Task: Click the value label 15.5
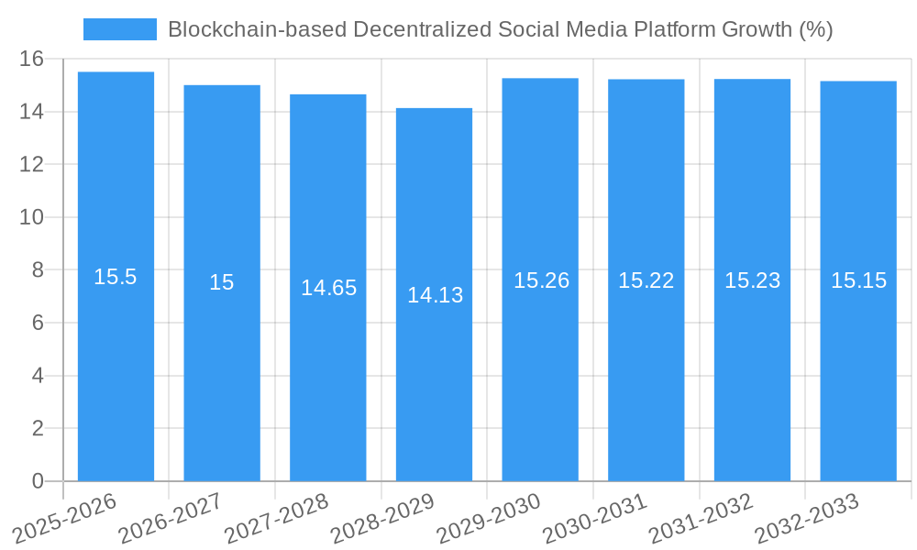(116, 277)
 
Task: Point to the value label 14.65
(328, 288)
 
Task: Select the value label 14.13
(435, 295)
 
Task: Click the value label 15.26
(541, 280)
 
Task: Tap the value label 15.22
(646, 280)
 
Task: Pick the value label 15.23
(752, 280)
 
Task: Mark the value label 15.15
(858, 280)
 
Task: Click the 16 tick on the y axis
(31, 59)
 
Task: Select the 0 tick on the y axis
(38, 481)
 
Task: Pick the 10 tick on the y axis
(31, 217)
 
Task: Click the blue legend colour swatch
(119, 29)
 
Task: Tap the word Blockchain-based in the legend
(240, 29)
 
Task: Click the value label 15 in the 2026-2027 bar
(222, 282)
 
